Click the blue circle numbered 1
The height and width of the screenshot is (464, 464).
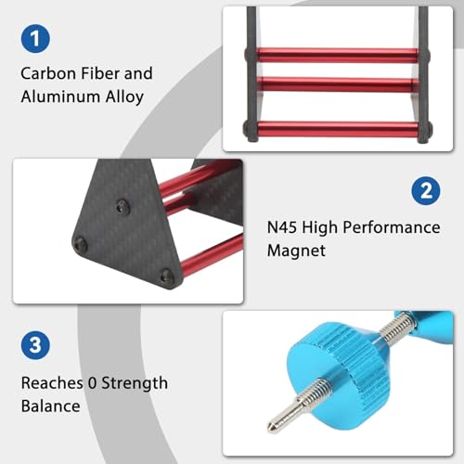click(35, 39)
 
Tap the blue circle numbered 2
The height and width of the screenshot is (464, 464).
click(426, 191)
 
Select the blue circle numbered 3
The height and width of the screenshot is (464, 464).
click(35, 345)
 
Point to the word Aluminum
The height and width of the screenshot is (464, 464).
click(60, 97)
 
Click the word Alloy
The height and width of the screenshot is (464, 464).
click(124, 97)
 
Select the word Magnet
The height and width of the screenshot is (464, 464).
click(296, 251)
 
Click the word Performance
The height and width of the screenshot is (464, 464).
click(392, 227)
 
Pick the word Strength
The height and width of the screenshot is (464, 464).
click(135, 384)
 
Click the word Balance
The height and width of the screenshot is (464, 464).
click(51, 406)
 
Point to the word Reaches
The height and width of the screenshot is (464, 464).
click(52, 383)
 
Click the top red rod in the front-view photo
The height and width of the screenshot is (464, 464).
click(337, 56)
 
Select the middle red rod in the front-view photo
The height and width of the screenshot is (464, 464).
click(337, 84)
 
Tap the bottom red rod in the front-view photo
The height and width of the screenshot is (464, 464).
click(337, 129)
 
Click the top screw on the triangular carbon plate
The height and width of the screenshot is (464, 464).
click(122, 207)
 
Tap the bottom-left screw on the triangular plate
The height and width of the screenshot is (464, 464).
click(80, 244)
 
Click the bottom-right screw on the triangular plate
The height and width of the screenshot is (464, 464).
click(167, 276)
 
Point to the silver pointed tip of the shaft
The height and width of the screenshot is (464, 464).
click(272, 427)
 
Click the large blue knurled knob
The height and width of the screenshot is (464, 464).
click(339, 375)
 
